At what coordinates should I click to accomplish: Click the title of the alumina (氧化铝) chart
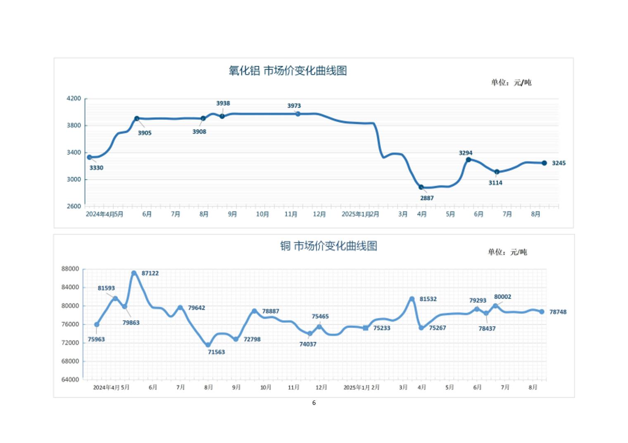coord(288,71)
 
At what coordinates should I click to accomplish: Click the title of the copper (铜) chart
coord(328,246)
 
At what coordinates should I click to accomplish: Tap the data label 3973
coord(294,106)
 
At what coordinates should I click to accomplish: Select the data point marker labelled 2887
coord(421,187)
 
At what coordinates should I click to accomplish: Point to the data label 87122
coord(150,273)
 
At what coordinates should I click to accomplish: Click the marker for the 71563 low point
coord(208,345)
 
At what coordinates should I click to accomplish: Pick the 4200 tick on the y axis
coord(74,99)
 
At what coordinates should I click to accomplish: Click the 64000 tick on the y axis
coord(70,379)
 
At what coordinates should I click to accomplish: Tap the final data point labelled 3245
coord(544,163)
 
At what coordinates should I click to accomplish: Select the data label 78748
coord(558,312)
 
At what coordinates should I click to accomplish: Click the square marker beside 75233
coord(366,328)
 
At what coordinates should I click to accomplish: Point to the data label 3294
coord(466,153)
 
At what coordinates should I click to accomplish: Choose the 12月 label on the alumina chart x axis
coord(319,214)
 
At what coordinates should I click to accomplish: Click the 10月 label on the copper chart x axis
coord(266,387)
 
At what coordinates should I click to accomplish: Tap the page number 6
coord(314,403)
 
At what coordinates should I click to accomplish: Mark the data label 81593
coord(106,288)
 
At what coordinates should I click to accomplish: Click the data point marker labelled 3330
coord(89,157)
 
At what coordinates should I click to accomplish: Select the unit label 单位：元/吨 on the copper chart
coord(507,252)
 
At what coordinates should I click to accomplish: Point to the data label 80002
coord(502,297)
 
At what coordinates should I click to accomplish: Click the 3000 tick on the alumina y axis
coord(74,179)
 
